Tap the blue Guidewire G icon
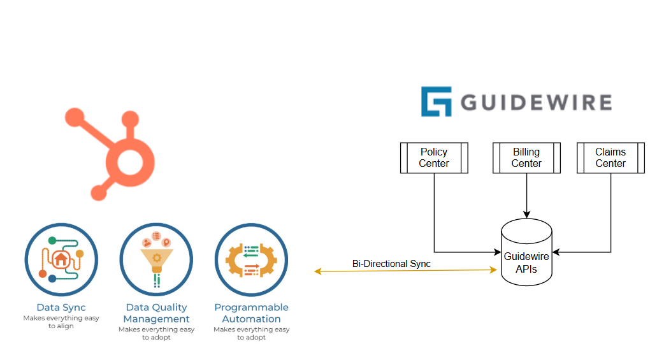click(x=436, y=102)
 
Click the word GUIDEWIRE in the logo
click(x=536, y=103)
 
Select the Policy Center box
click(x=433, y=158)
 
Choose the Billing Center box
click(x=526, y=158)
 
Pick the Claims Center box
click(x=610, y=158)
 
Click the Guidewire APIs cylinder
click(x=526, y=255)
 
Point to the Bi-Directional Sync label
click(x=391, y=264)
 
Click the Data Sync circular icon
click(x=61, y=259)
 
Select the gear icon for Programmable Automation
click(x=251, y=259)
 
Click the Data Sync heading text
click(x=61, y=308)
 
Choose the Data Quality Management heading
click(x=156, y=313)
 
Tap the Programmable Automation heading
click(x=251, y=313)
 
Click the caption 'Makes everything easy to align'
click(x=61, y=322)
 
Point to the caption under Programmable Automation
click(x=251, y=333)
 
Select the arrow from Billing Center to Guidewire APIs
click(x=526, y=195)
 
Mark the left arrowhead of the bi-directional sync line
click(x=317, y=272)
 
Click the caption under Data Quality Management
click(x=156, y=333)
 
